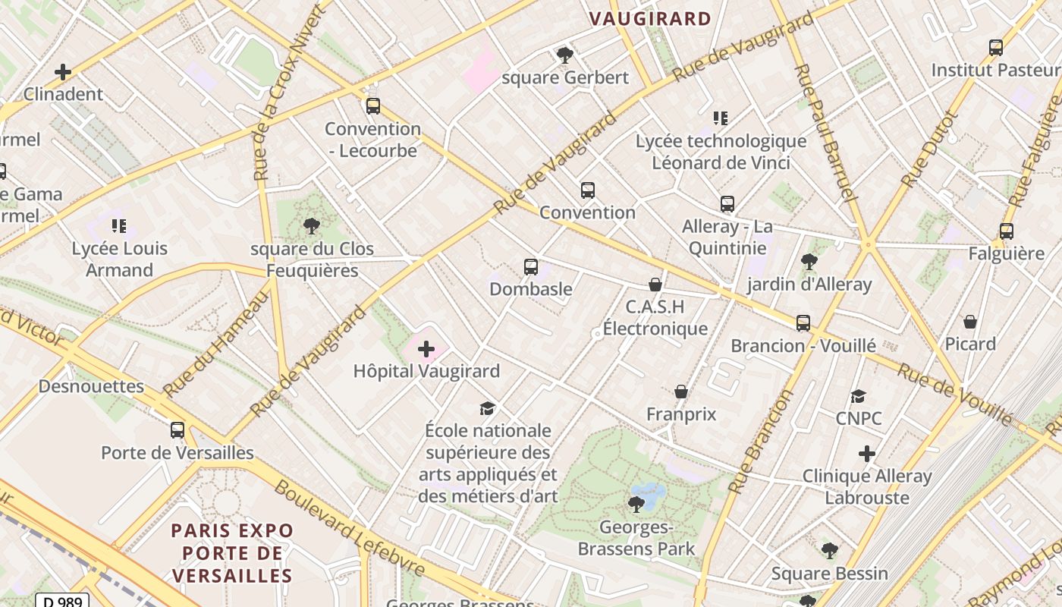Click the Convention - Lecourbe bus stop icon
372,106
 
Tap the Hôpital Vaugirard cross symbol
426,349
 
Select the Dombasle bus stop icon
531,267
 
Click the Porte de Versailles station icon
178,430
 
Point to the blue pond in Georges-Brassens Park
649,492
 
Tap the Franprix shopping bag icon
681,392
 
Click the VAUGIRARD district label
650,19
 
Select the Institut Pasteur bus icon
996,48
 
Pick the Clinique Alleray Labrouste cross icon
867,454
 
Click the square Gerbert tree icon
564,55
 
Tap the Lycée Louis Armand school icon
119,226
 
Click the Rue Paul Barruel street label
824,133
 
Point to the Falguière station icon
1007,231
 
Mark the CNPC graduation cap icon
858,396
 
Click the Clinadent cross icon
63,72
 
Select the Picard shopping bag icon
969,322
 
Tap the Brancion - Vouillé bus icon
803,323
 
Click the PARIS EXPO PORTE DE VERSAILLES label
232,552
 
